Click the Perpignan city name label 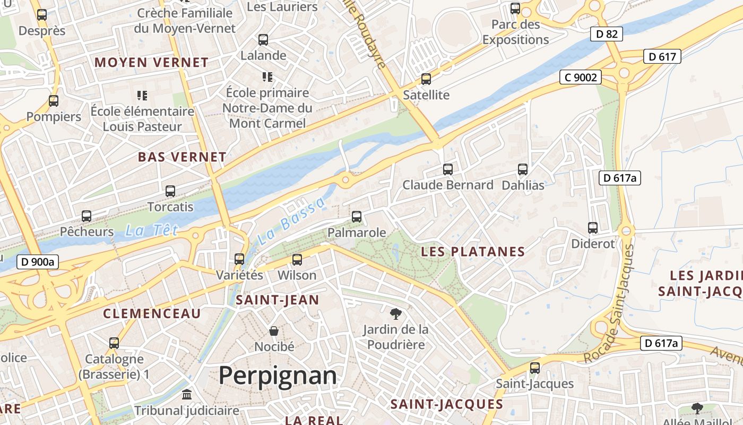(x=278, y=376)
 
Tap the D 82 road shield (x=607, y=34)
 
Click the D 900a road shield (x=38, y=261)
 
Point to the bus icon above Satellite (x=426, y=79)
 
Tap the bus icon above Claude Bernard (x=448, y=169)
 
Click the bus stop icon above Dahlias (x=523, y=169)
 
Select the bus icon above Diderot (x=593, y=228)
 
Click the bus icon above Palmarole (x=357, y=217)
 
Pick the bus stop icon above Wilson (x=297, y=260)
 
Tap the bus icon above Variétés (x=239, y=259)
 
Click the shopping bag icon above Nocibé (x=274, y=331)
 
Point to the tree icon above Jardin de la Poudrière (x=395, y=313)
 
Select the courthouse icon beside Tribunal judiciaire (x=187, y=395)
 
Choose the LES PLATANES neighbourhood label (x=473, y=252)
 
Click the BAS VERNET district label (x=182, y=157)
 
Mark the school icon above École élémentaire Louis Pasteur (x=142, y=96)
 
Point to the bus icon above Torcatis (x=170, y=191)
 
